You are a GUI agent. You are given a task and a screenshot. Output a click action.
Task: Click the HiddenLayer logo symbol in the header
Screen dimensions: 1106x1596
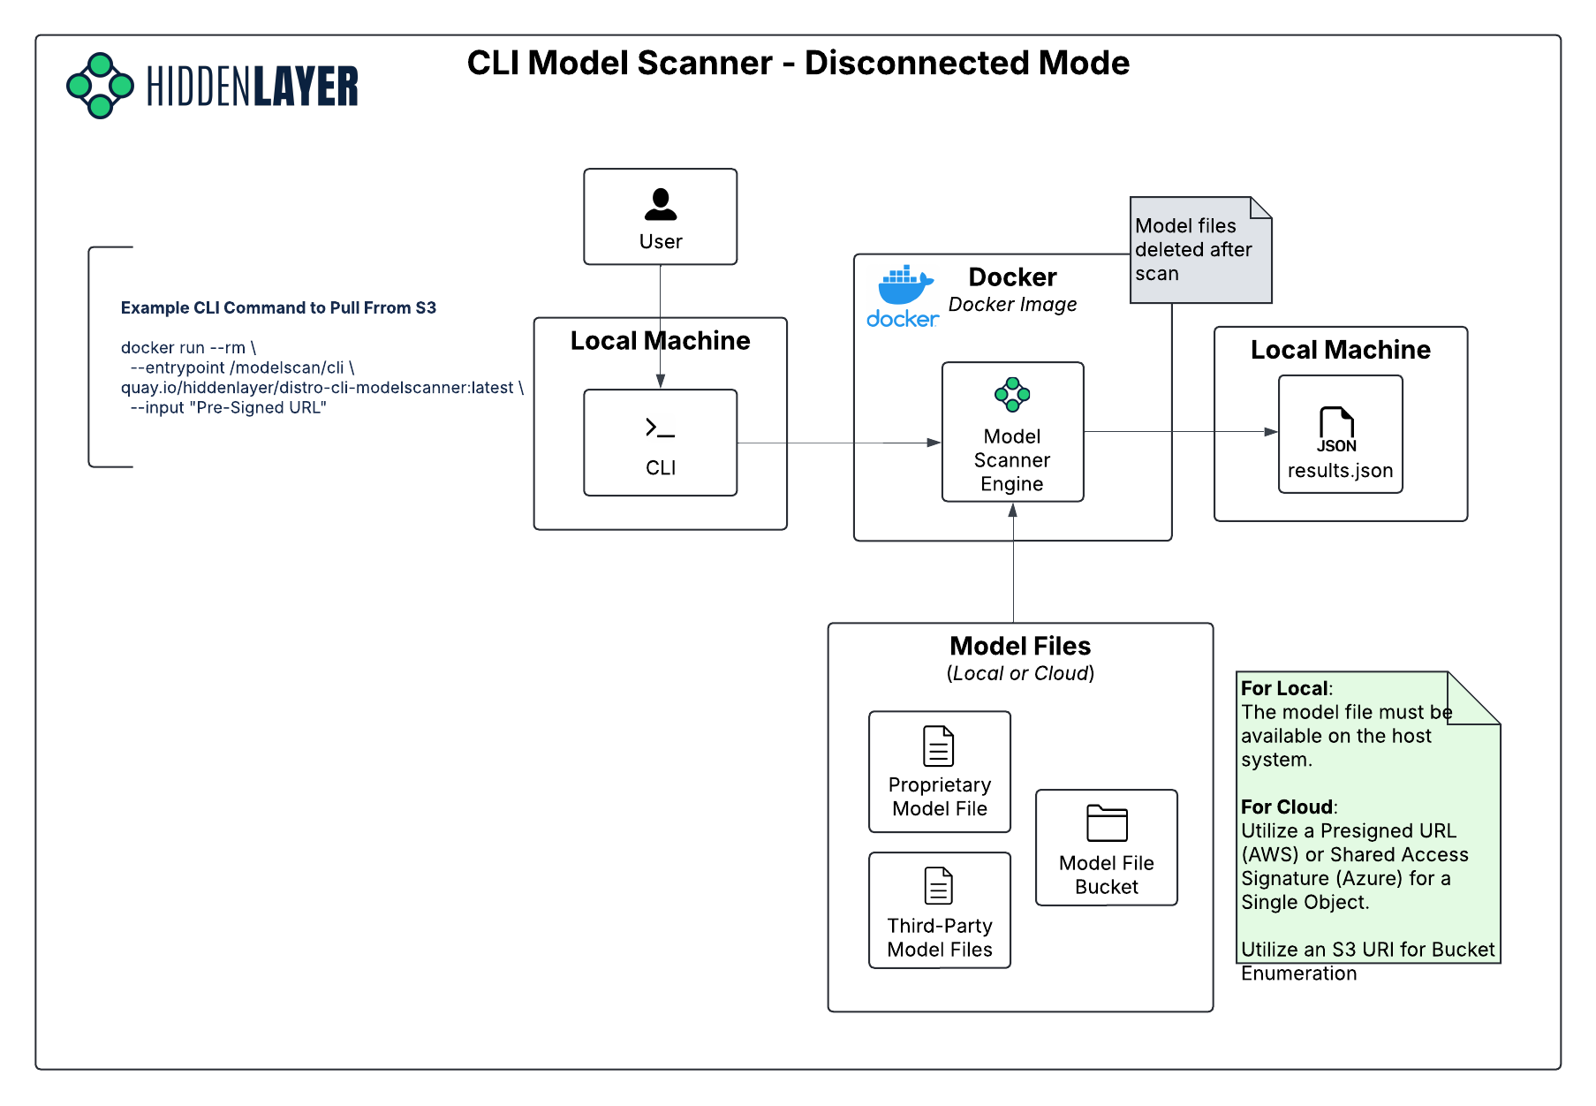pos(100,86)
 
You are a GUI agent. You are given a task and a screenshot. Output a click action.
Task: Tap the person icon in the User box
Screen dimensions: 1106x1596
pos(661,204)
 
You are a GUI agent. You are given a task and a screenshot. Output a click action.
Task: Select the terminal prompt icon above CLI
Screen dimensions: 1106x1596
pos(660,428)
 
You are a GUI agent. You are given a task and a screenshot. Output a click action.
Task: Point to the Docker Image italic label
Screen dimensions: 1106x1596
pos(1012,305)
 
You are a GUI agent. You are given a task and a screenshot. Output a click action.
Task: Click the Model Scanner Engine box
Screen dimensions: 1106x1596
pos(1012,433)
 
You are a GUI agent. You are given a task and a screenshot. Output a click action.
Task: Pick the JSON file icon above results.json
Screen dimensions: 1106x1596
pos(1337,429)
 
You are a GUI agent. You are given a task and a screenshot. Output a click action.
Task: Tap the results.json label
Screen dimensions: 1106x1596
pos(1340,471)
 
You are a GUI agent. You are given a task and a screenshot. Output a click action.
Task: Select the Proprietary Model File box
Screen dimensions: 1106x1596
pos(940,772)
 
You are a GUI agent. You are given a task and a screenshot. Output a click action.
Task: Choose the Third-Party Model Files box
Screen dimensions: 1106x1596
pos(940,910)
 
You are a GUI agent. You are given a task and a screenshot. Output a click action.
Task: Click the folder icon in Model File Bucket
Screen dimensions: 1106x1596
pos(1107,823)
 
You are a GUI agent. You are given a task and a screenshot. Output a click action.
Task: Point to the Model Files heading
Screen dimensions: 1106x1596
pos(1020,646)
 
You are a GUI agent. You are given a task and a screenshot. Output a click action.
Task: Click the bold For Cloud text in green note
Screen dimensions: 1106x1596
pos(1287,807)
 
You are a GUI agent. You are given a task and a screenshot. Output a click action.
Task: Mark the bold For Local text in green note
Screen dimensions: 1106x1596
pos(1284,689)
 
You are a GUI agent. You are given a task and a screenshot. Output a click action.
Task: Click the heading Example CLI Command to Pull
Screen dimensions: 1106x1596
pos(278,308)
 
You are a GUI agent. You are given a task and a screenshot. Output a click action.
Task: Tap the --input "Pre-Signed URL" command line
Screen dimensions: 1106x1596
pos(229,408)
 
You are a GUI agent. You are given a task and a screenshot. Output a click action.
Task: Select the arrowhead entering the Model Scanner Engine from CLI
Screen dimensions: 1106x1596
pos(934,443)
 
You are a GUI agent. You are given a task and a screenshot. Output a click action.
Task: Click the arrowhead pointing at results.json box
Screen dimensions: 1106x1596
pos(1271,432)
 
